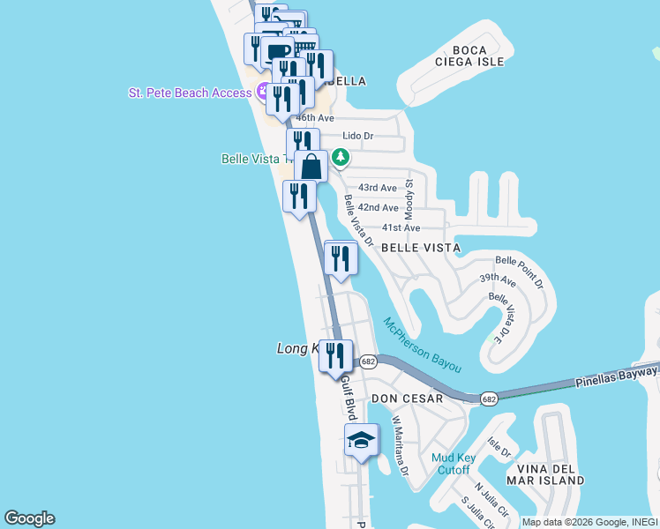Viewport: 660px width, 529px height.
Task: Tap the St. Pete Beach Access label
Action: (191, 93)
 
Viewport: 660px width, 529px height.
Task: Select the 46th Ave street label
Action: (316, 117)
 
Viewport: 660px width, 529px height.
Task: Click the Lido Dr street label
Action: (358, 137)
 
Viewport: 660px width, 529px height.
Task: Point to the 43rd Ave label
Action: (378, 188)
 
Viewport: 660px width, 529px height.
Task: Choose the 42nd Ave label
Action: (378, 207)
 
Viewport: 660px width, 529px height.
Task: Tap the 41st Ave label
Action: (401, 227)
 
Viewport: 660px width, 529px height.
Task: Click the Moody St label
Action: (409, 199)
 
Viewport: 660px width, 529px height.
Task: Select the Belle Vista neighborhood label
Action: (420, 248)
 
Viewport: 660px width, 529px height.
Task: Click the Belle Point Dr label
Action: (520, 271)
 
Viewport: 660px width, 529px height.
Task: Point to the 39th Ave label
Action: (498, 279)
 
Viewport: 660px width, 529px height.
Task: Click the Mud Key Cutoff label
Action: (454, 464)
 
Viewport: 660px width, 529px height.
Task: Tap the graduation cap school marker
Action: (361, 440)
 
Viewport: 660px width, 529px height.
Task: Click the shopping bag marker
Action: (311, 166)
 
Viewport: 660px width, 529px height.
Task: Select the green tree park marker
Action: (340, 159)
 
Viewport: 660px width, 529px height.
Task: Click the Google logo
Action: (29, 518)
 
